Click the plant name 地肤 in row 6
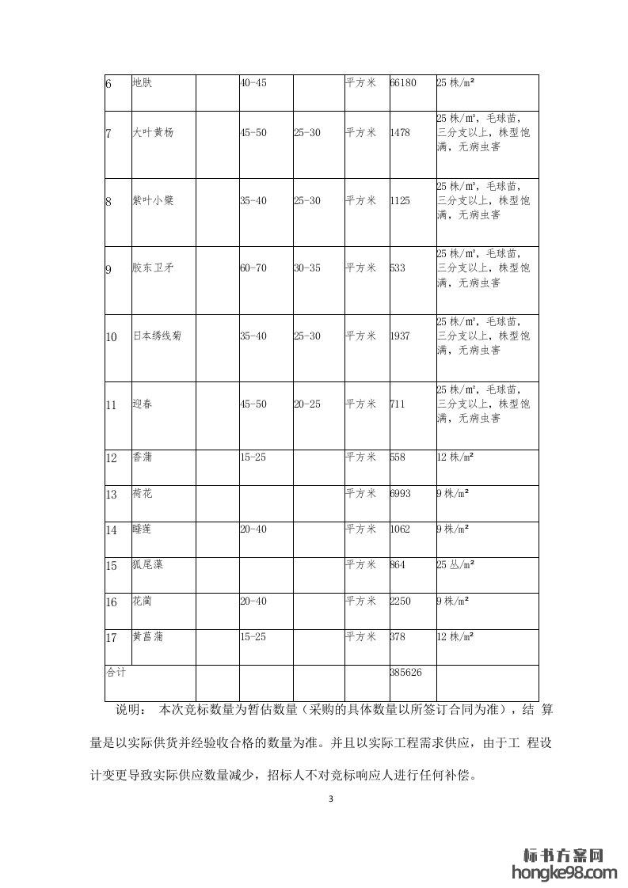pos(141,82)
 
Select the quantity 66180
pos(403,82)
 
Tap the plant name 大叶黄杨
pos(153,133)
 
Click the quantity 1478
pos(401,133)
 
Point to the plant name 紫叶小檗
pos(153,201)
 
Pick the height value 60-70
pos(253,268)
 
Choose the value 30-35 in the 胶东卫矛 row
pos(307,268)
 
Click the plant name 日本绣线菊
pos(157,336)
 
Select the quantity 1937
pos(401,336)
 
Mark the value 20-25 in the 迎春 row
pos(307,404)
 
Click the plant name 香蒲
pos(143,457)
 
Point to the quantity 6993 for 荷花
pos(401,493)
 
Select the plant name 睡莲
pos(143,529)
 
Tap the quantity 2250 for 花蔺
pos(401,601)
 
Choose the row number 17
pos(112,638)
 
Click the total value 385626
pos(406,673)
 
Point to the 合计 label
pos(116,673)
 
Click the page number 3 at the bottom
pos(331,799)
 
